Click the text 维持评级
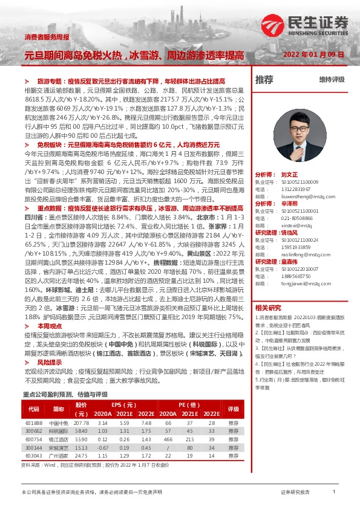click(332, 80)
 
